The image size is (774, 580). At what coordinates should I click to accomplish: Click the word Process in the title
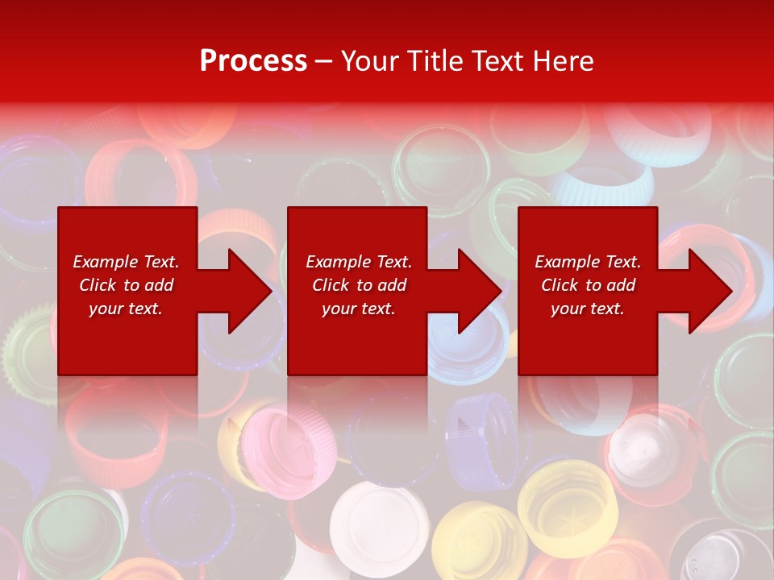tap(253, 61)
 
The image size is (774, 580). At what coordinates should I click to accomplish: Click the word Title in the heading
tap(434, 61)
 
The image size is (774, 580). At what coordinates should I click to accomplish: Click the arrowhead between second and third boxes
tap(479, 292)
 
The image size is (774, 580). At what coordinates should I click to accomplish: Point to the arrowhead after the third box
tap(709, 292)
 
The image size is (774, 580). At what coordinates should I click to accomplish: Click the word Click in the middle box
tap(331, 285)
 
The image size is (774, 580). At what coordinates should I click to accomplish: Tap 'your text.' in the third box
tap(587, 309)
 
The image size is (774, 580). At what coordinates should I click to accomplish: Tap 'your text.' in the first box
tap(126, 309)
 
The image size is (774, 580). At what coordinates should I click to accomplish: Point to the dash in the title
tap(323, 61)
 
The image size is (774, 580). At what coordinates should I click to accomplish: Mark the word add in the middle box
tap(392, 285)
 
